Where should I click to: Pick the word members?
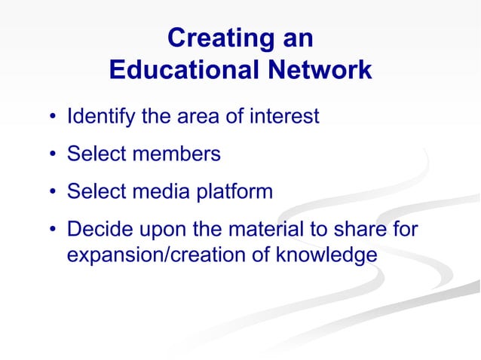177,154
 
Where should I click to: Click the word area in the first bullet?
196,117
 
